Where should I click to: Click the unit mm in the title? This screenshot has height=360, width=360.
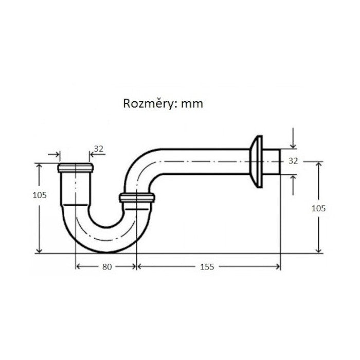[192, 104]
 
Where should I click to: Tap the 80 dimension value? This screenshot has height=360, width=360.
[107, 267]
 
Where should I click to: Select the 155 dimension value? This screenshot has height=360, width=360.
[207, 267]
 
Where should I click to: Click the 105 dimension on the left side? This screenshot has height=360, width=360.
[40, 195]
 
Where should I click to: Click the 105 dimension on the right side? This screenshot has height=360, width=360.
[318, 208]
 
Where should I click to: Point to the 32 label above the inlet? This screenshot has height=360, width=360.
[99, 149]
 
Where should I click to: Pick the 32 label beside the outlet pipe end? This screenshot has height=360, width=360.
[293, 161]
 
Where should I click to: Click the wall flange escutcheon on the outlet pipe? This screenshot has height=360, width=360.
[256, 161]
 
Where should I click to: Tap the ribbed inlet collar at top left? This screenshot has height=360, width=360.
[75, 168]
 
